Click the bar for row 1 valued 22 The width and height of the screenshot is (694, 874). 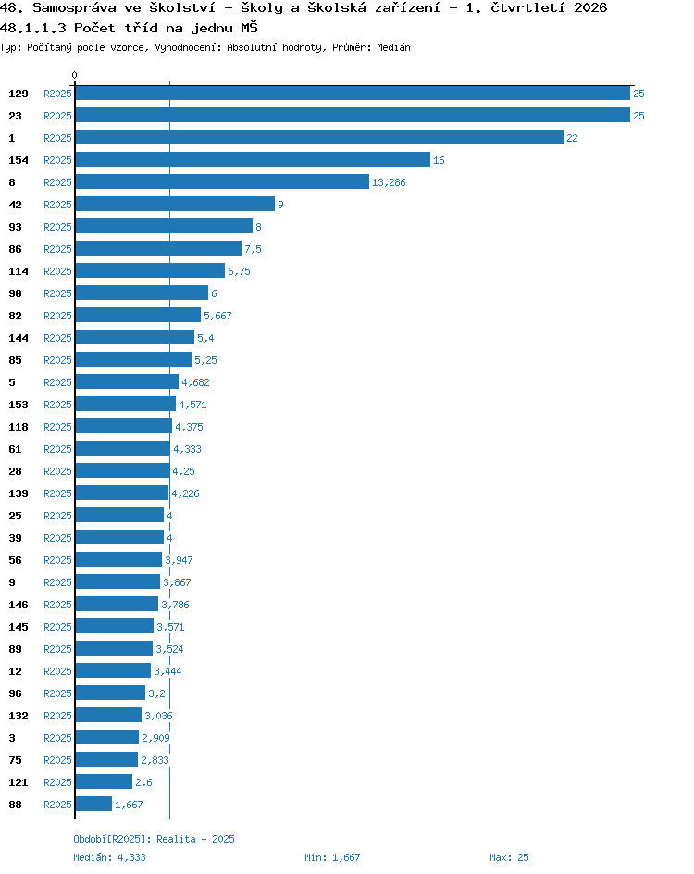319,137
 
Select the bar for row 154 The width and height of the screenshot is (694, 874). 253,159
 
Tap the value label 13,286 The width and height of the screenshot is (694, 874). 389,182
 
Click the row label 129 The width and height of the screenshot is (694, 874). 19,94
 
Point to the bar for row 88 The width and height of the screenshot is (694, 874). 93,804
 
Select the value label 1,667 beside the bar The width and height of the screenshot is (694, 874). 129,805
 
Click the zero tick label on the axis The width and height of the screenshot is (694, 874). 74,75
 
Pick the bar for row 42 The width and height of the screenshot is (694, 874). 175,204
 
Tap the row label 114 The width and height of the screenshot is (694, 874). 19,271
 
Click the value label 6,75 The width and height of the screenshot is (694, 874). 239,271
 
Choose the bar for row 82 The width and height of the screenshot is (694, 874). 138,315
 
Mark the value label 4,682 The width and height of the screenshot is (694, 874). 195,382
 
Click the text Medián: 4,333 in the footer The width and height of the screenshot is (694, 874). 110,857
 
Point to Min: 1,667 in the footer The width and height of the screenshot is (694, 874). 332,857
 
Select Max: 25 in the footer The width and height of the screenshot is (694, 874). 509,857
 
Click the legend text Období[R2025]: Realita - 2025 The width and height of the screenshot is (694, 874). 155,839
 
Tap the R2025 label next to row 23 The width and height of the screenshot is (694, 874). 58,116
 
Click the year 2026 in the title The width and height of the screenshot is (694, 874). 590,7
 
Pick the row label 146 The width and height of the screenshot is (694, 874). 19,605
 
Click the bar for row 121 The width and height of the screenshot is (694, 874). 104,781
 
